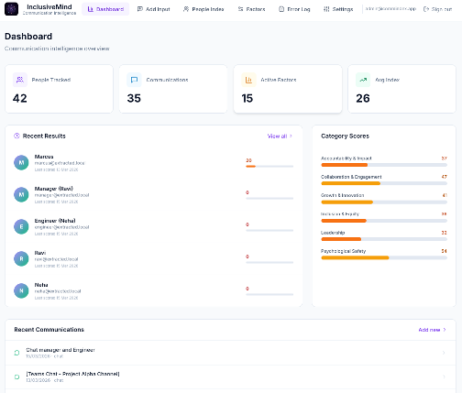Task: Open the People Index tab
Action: pos(203,8)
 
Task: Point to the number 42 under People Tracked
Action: pos(18,98)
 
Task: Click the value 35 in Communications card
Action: pos(134,98)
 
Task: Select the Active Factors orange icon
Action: pos(248,80)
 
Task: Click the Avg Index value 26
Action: pos(363,98)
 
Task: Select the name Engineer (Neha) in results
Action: pos(56,221)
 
